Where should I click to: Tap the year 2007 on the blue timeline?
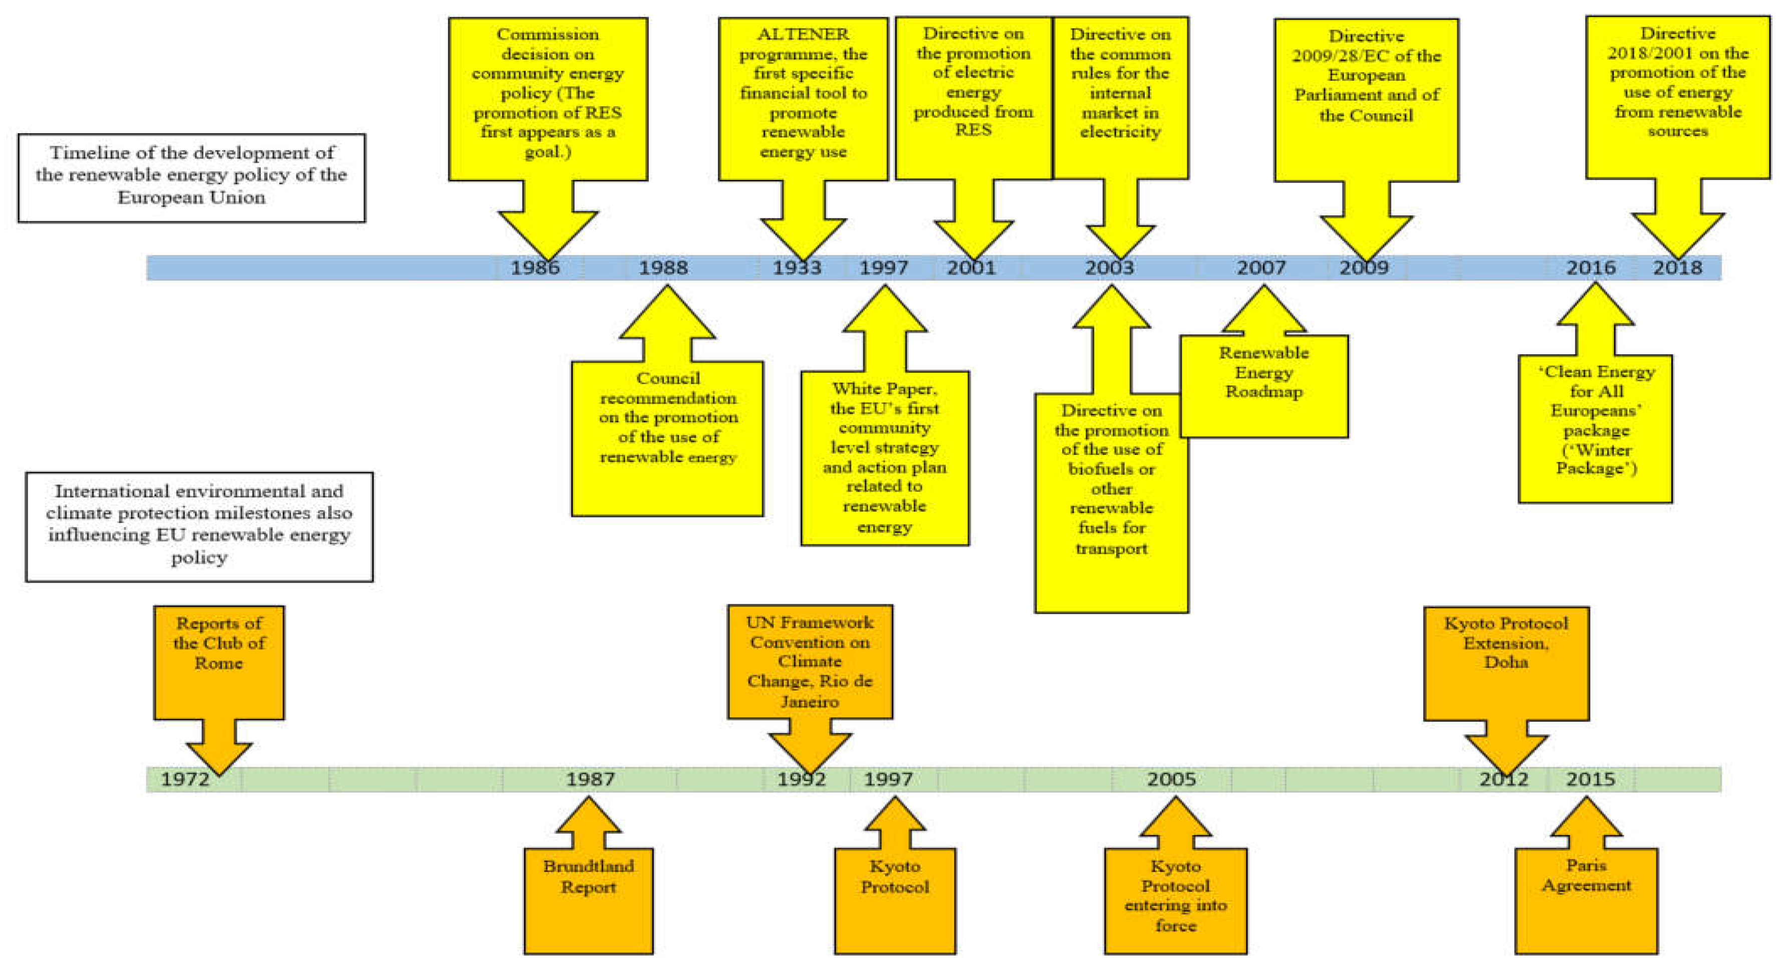(1260, 268)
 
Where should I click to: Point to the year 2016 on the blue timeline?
(1590, 268)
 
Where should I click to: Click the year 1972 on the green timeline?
(184, 779)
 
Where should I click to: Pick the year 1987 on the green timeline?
(590, 779)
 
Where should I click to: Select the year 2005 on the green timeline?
(1171, 779)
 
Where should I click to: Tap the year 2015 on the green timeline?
(1590, 779)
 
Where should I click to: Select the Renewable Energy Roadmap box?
(1263, 385)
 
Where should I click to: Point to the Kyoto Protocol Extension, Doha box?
(1506, 662)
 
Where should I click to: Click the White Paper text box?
(884, 458)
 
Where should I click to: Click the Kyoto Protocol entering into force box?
(1175, 899)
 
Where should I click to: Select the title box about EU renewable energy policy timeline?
(191, 177)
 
